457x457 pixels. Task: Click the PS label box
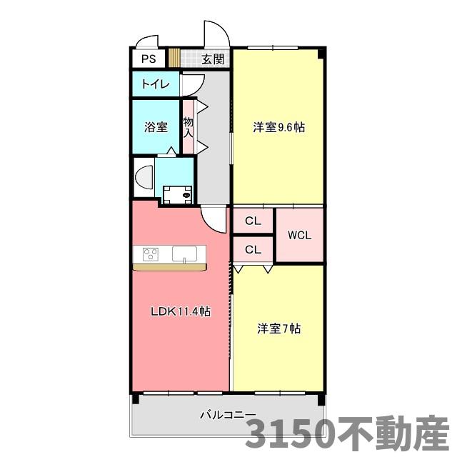pos(148,59)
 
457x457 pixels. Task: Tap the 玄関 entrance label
pos(212,59)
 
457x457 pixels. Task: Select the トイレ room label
pos(155,84)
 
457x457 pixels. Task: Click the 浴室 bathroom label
pos(156,127)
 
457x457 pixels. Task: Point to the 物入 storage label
pos(188,127)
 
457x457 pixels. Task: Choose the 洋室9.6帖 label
pos(278,128)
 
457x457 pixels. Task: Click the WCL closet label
pos(298,235)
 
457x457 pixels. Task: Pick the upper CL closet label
pos(253,221)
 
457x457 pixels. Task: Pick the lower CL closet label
pos(253,249)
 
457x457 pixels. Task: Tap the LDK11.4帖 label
pos(179,311)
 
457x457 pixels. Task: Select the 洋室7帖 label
pos(278,329)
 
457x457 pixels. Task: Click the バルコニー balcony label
pos(227,414)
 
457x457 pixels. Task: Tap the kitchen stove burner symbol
pos(151,253)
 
